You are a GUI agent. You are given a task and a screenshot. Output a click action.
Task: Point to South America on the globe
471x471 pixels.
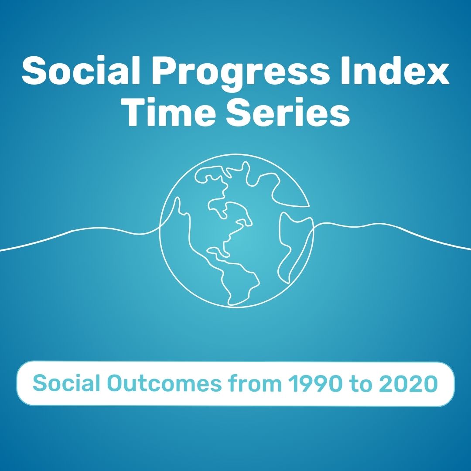coord(238,279)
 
